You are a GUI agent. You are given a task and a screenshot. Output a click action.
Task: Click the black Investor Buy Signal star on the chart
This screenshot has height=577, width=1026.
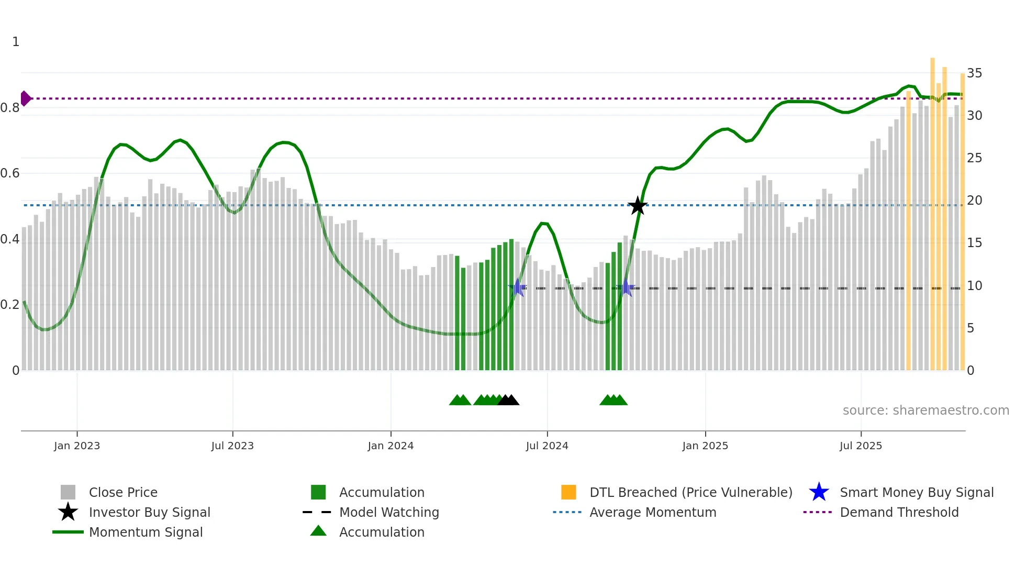pyautogui.click(x=637, y=206)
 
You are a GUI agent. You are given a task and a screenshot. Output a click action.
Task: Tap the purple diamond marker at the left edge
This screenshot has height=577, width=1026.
pyautogui.click(x=25, y=98)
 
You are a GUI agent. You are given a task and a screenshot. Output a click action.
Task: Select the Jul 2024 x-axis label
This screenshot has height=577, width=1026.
pyautogui.click(x=547, y=446)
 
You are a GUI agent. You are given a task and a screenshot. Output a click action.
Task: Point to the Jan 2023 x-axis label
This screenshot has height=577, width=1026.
pyautogui.click(x=76, y=446)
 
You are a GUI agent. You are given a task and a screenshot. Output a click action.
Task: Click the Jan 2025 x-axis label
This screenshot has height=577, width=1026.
pyautogui.click(x=705, y=446)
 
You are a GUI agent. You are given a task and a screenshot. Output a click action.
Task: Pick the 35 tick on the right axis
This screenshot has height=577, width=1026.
pyautogui.click(x=974, y=73)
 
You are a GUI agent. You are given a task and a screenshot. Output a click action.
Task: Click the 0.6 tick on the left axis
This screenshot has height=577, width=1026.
pyautogui.click(x=10, y=173)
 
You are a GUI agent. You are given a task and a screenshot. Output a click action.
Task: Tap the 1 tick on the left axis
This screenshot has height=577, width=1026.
pyautogui.click(x=16, y=42)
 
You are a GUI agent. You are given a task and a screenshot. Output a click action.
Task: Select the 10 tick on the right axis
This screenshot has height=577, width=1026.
pyautogui.click(x=974, y=286)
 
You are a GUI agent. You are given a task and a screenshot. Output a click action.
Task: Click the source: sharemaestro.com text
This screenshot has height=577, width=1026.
pyautogui.click(x=925, y=410)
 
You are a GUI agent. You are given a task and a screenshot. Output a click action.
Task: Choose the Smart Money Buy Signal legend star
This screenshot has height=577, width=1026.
pyautogui.click(x=819, y=492)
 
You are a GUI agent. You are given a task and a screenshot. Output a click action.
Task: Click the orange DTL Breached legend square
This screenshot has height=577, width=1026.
pyautogui.click(x=568, y=492)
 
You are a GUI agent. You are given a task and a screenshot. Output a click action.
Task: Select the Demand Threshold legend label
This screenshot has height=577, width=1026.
pyautogui.click(x=899, y=512)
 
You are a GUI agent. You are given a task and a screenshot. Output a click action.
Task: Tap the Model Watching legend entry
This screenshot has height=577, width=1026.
pyautogui.click(x=388, y=512)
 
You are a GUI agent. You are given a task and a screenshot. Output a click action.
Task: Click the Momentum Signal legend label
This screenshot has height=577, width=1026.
pyautogui.click(x=146, y=532)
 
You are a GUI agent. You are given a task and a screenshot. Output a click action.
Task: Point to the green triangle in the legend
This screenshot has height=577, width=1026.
pyautogui.click(x=318, y=531)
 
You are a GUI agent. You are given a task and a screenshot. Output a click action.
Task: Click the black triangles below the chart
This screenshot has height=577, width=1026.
pyautogui.click(x=508, y=401)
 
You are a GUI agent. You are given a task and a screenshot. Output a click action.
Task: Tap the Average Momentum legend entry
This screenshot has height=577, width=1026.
pyautogui.click(x=652, y=512)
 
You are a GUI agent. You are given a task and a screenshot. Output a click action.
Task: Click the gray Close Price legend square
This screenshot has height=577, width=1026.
pyautogui.click(x=68, y=492)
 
